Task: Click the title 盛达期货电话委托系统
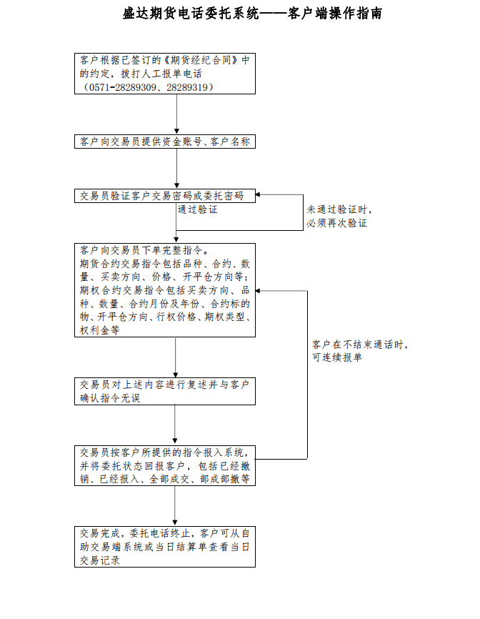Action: click(x=191, y=14)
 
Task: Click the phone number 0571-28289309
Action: click(x=123, y=87)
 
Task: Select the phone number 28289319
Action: click(x=187, y=87)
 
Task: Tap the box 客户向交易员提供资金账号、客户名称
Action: click(x=165, y=142)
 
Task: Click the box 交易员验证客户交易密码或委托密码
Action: click(x=165, y=196)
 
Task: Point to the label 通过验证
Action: click(x=198, y=209)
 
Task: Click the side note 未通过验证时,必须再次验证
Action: click(x=339, y=217)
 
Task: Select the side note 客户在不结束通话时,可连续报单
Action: click(x=360, y=350)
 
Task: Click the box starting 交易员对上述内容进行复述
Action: click(x=165, y=391)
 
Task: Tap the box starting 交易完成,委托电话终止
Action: click(x=165, y=547)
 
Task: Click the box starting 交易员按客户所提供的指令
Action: click(x=165, y=465)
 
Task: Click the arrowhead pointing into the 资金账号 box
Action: click(x=176, y=132)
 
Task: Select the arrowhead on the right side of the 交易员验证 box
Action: click(x=259, y=194)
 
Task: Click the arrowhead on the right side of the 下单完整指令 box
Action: click(x=259, y=291)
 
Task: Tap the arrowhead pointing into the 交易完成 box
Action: click(x=175, y=523)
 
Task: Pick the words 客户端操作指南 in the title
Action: click(x=334, y=14)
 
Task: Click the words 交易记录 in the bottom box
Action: click(x=99, y=560)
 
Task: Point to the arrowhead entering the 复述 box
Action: click(x=176, y=375)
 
